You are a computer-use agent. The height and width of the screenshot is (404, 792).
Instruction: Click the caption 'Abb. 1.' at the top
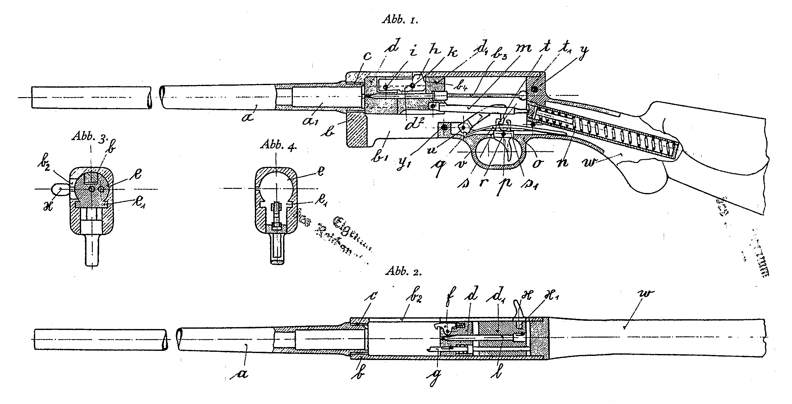click(x=401, y=20)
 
